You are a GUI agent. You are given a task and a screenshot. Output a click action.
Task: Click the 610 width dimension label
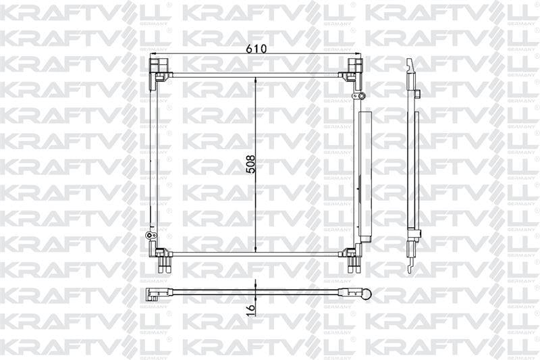point(256,49)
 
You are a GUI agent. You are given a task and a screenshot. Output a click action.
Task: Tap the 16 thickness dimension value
point(250,308)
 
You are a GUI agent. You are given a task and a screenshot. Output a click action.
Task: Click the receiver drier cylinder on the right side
point(364,176)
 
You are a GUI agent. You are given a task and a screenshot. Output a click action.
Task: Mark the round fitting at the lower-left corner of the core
point(150,236)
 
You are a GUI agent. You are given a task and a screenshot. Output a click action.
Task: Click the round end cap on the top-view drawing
point(367,294)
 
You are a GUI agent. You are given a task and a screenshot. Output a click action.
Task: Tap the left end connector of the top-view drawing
point(153,294)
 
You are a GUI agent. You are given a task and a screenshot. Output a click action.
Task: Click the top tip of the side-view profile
point(409,61)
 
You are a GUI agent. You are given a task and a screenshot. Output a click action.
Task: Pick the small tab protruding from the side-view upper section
point(418,93)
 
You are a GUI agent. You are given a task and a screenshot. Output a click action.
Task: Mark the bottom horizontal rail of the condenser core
point(256,254)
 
